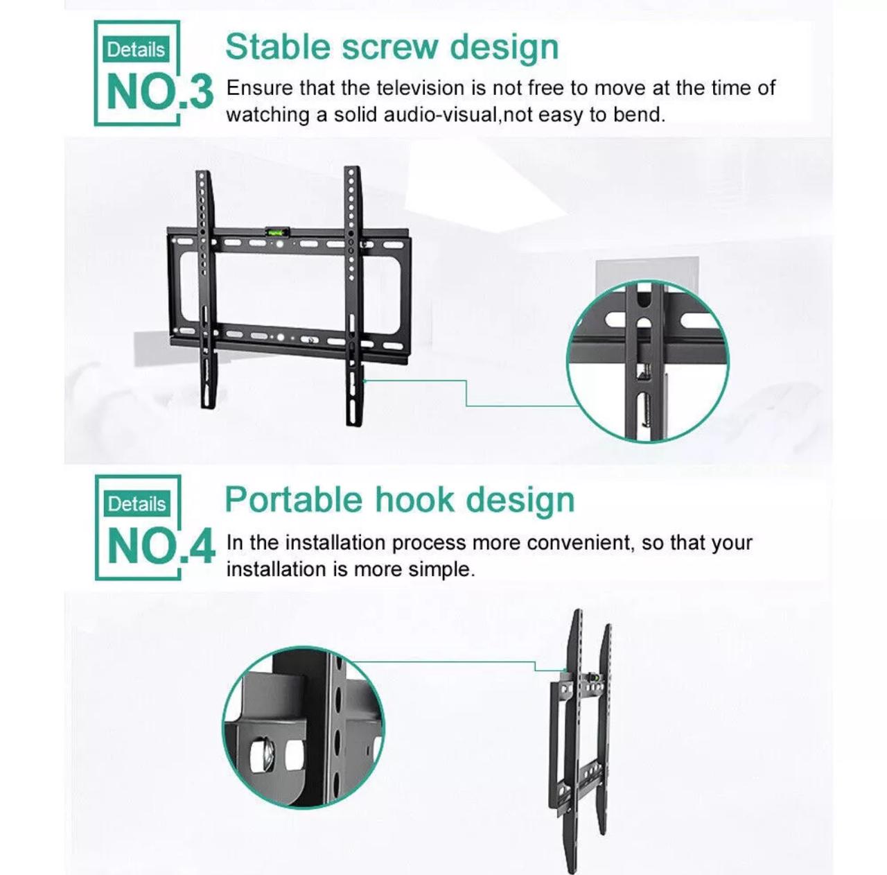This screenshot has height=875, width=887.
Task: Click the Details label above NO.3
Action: [136, 50]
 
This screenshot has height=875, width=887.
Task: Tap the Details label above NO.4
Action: [137, 504]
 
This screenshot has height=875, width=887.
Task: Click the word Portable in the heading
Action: [293, 501]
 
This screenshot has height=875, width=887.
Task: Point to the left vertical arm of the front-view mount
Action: [206, 291]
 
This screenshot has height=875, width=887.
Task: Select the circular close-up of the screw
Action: [647, 362]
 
